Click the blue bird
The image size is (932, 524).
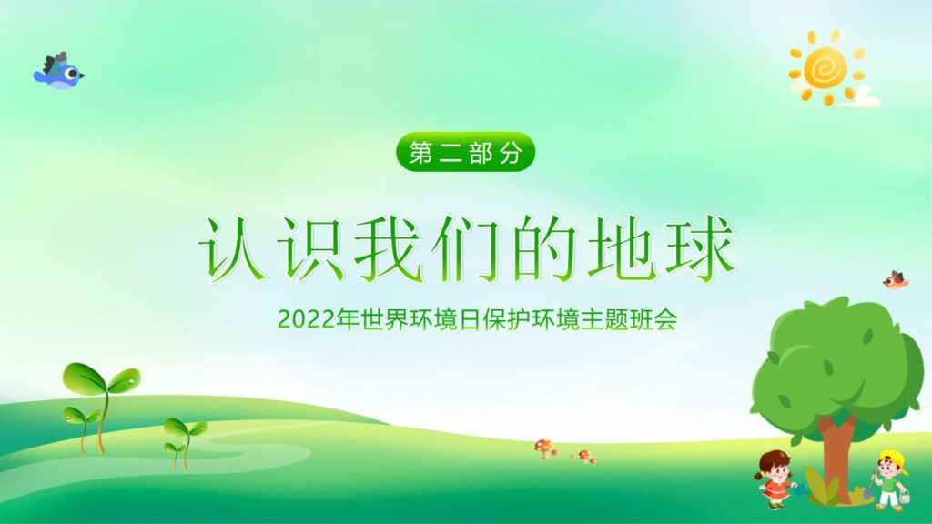[58, 71]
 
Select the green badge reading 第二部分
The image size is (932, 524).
[466, 153]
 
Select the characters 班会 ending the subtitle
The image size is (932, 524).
[656, 320]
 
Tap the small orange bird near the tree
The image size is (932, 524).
[896, 279]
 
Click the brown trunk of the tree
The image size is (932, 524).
[835, 455]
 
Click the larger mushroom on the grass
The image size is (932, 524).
[545, 447]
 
